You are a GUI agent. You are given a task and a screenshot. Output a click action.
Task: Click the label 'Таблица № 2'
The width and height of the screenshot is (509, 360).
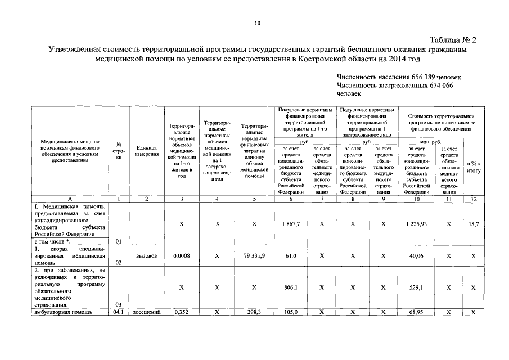click(x=453, y=40)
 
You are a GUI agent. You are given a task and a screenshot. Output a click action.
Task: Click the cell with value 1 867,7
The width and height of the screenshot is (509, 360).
click(x=291, y=224)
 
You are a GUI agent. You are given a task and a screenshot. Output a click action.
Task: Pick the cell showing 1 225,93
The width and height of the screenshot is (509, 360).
click(x=417, y=224)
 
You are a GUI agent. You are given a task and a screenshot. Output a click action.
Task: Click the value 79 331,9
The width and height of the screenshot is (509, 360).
click(x=255, y=255)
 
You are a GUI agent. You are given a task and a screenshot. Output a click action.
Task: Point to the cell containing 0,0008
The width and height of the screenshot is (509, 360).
click(x=181, y=255)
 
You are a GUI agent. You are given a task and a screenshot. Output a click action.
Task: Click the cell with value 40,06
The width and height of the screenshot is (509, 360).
click(x=417, y=255)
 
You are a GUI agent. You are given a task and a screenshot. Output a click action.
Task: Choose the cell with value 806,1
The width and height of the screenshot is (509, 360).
click(x=291, y=287)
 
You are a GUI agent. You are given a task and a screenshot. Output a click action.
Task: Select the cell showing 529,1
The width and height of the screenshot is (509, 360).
click(x=417, y=287)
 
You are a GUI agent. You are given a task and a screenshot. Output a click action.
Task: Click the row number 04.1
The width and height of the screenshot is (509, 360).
click(x=119, y=312)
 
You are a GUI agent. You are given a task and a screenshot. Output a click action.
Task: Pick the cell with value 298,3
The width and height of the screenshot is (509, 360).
click(x=255, y=312)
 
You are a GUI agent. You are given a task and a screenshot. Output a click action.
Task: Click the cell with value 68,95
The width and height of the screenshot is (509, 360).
click(x=417, y=312)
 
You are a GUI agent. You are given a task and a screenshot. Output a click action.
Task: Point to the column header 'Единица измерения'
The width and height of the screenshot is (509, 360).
click(x=146, y=151)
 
